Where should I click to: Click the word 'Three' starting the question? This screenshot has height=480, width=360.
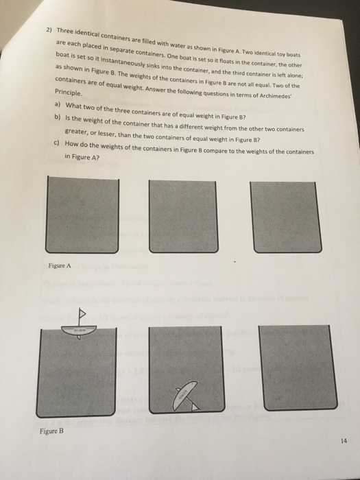point(67,32)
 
